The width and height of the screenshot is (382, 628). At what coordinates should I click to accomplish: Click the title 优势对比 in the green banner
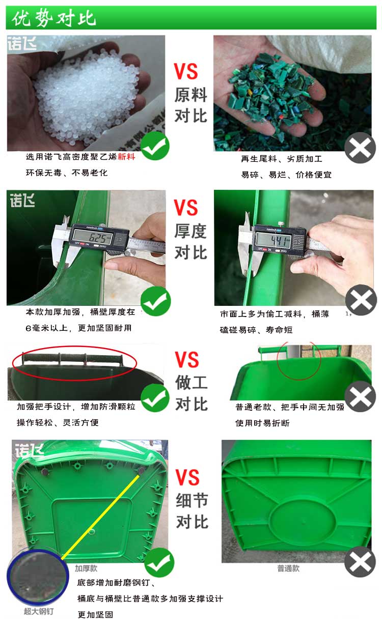(54, 18)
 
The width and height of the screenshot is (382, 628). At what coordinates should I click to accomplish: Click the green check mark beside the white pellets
(155, 146)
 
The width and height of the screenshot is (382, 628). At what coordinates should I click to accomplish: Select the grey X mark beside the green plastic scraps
(360, 148)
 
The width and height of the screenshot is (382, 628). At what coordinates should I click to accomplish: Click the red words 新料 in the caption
(127, 156)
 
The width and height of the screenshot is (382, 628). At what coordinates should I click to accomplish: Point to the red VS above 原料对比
(186, 71)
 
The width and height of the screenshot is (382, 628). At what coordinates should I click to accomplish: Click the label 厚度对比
(190, 242)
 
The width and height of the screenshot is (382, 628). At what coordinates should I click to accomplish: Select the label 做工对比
(192, 393)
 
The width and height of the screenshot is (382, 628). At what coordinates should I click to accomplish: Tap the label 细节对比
(192, 511)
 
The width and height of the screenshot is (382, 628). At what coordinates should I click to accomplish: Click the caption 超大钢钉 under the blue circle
(38, 611)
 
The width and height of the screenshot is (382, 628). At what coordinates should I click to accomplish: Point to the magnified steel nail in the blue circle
(38, 576)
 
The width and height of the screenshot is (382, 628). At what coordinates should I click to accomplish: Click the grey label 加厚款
(86, 568)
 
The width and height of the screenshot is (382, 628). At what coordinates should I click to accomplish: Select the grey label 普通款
(288, 568)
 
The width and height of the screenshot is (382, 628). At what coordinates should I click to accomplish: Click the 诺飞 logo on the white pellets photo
(22, 43)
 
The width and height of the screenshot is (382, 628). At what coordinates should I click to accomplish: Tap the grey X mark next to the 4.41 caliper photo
(361, 300)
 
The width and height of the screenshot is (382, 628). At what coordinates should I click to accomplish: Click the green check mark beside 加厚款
(159, 562)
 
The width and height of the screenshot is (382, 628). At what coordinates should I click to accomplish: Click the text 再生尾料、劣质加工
(282, 159)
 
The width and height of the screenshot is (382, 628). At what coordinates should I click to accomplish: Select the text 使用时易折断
(262, 423)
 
